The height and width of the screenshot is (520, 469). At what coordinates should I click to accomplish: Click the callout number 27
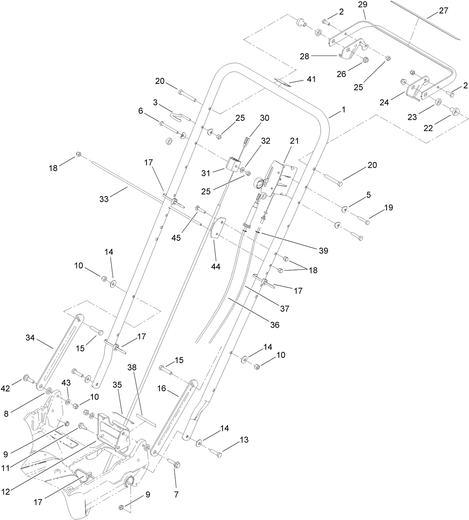click(x=444, y=10)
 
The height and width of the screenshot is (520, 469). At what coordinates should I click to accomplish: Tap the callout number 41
click(x=311, y=79)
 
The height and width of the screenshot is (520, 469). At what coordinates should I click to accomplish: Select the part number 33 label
click(x=104, y=199)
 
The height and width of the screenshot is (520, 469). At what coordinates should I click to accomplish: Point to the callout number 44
click(x=215, y=266)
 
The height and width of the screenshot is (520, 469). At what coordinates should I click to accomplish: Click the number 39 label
click(x=323, y=250)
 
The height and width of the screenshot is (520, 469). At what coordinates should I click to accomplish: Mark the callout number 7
click(x=176, y=495)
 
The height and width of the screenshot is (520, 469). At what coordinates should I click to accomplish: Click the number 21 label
click(x=295, y=141)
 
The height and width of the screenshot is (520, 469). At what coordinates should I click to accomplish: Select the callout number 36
click(x=275, y=325)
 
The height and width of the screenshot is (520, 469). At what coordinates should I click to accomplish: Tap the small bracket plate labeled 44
click(x=217, y=227)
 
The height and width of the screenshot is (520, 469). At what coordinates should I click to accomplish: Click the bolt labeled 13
click(x=216, y=452)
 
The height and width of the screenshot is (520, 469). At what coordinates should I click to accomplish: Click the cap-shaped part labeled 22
click(x=454, y=111)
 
